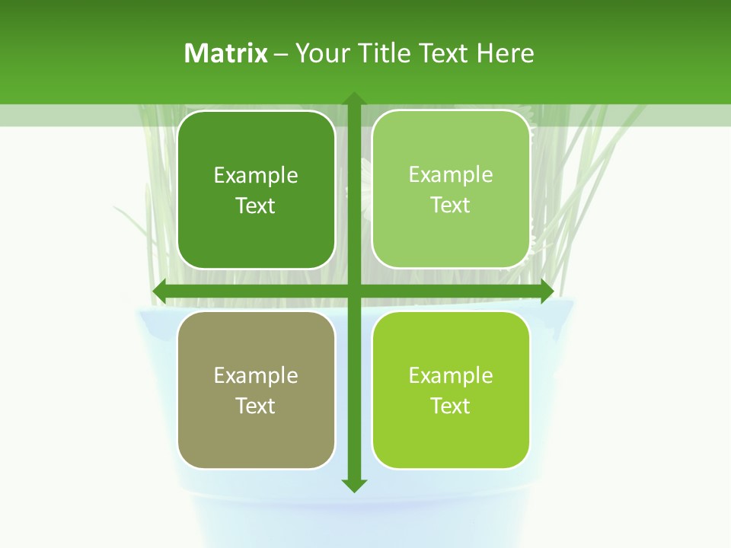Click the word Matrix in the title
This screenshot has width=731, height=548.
226,53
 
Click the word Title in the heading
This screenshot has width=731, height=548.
384,53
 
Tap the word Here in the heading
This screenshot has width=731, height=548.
506,53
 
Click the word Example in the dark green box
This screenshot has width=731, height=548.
256,176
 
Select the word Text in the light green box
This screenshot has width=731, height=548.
451,205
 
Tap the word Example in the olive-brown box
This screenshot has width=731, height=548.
256,376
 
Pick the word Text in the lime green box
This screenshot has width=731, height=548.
451,406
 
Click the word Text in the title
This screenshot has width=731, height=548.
443,53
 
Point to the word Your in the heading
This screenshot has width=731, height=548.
323,53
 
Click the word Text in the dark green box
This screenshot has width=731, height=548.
256,206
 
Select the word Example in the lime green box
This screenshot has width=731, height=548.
451,376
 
